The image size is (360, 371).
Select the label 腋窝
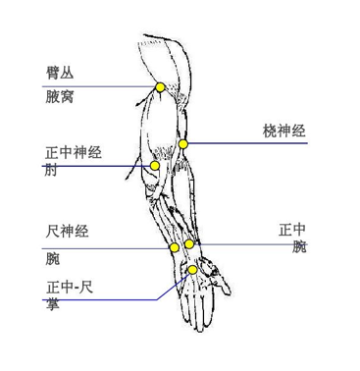tap(59, 97)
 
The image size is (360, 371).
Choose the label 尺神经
tap(68, 233)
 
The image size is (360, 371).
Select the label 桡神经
tap(284, 130)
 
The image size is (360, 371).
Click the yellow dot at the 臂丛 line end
tap(160, 87)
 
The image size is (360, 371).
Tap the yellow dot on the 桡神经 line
tap(182, 144)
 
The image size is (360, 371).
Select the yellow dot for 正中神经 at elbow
tap(155, 167)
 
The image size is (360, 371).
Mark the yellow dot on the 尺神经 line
tap(174, 247)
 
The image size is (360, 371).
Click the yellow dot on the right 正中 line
tap(189, 243)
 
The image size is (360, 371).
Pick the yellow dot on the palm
tap(193, 270)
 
